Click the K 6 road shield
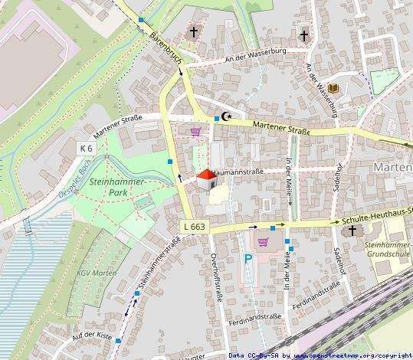point(87,147)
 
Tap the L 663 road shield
point(195,227)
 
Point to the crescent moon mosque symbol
point(225,116)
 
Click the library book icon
point(333,89)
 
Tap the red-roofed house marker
point(206,180)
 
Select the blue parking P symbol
point(247,260)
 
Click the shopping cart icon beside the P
point(264,243)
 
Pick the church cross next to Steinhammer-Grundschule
point(352,230)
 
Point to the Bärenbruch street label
point(165,47)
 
